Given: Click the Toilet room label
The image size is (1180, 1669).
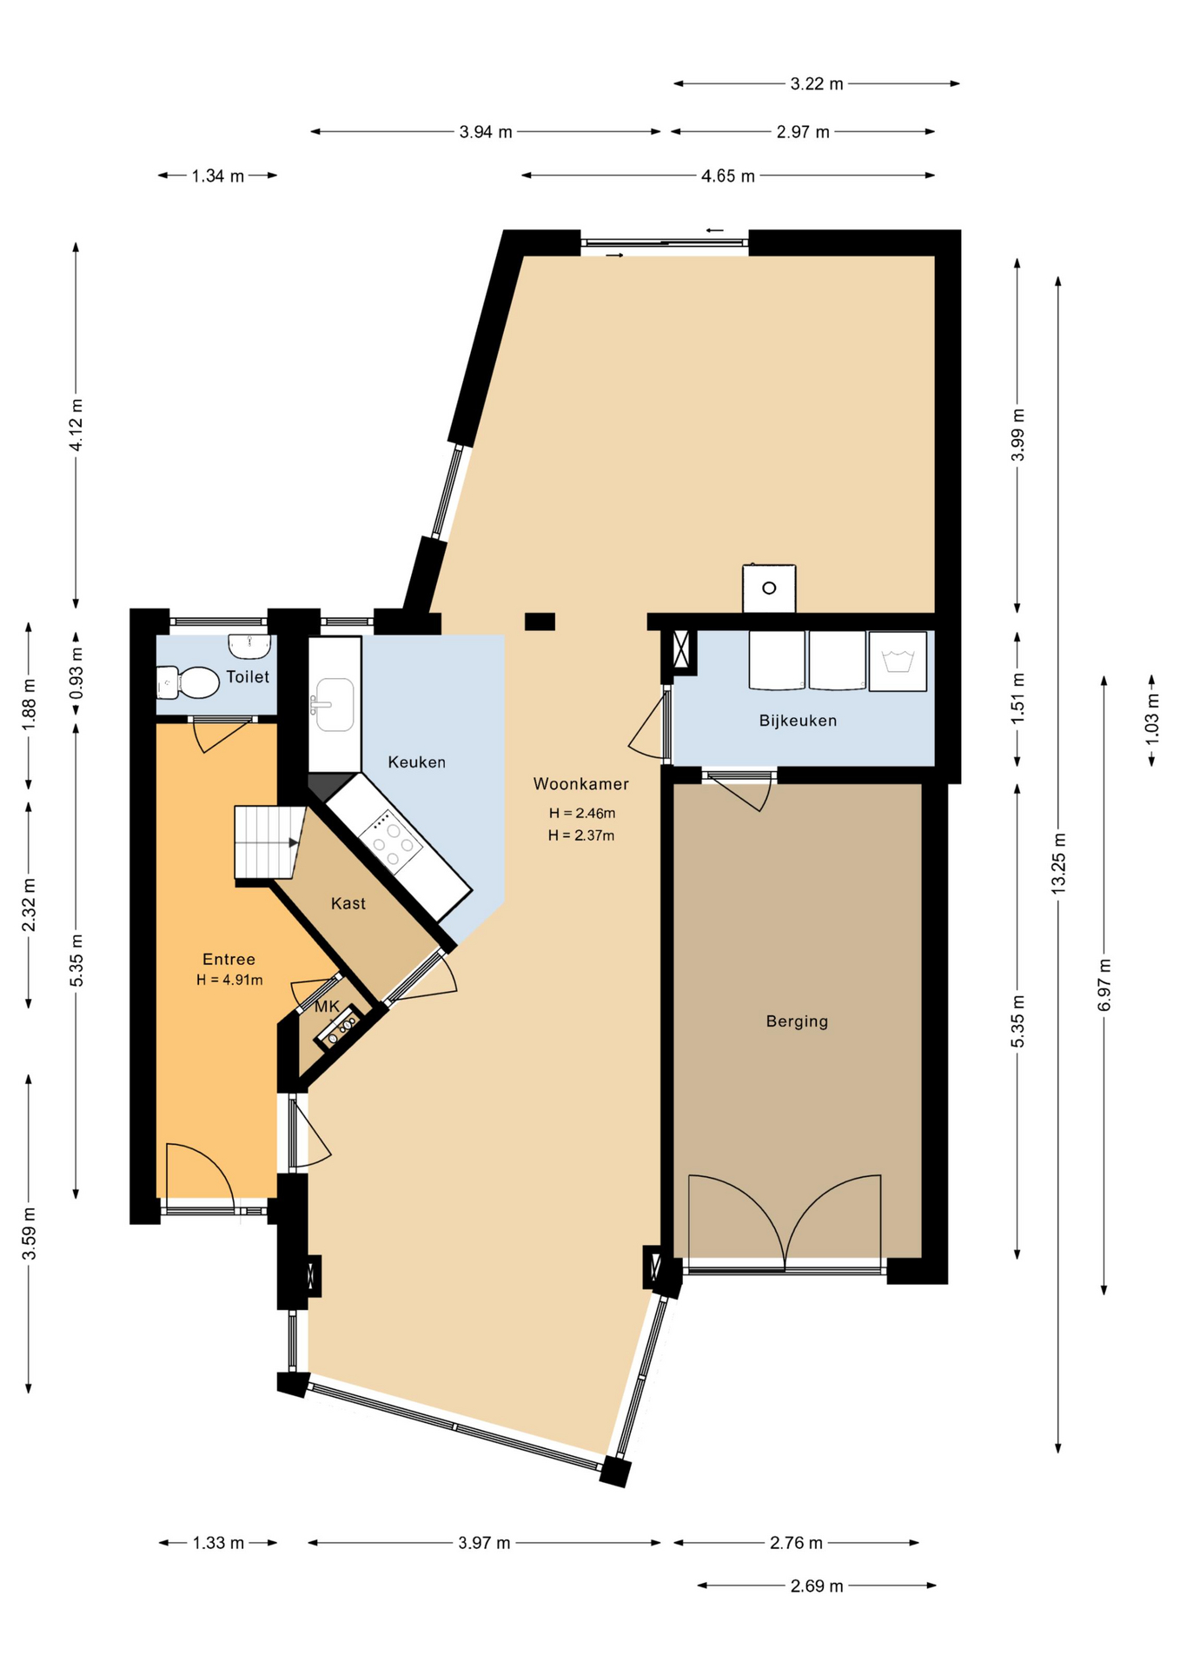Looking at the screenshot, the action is pyautogui.click(x=248, y=676).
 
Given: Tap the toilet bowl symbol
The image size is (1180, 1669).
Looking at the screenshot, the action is pyautogui.click(x=188, y=682).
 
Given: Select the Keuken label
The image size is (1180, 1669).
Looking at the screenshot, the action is pyautogui.click(x=416, y=762).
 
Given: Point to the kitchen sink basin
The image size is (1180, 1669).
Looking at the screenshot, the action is pyautogui.click(x=335, y=704).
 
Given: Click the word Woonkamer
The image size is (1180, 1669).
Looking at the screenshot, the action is pyautogui.click(x=580, y=784).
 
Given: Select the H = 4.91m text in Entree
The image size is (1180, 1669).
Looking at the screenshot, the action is pyautogui.click(x=229, y=980).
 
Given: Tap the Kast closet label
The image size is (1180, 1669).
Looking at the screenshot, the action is pyautogui.click(x=348, y=904).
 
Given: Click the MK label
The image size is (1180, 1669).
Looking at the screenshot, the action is pyautogui.click(x=327, y=1007).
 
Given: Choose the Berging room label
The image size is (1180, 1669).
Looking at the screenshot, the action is pyautogui.click(x=797, y=1021).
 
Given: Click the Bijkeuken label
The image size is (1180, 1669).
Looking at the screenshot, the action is pyautogui.click(x=798, y=721).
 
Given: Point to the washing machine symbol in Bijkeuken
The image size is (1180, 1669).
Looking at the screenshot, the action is pyautogui.click(x=898, y=662).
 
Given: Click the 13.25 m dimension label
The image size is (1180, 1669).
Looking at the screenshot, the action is pyautogui.click(x=1058, y=863).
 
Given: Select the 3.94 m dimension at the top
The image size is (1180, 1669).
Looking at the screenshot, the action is pyautogui.click(x=486, y=132).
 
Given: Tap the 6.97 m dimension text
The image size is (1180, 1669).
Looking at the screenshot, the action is pyautogui.click(x=1104, y=985).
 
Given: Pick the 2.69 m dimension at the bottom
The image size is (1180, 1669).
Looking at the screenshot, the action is pyautogui.click(x=817, y=1586).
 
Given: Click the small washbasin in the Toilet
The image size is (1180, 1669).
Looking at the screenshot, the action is pyautogui.click(x=250, y=646).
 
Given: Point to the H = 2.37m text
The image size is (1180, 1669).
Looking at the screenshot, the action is pyautogui.click(x=581, y=835).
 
